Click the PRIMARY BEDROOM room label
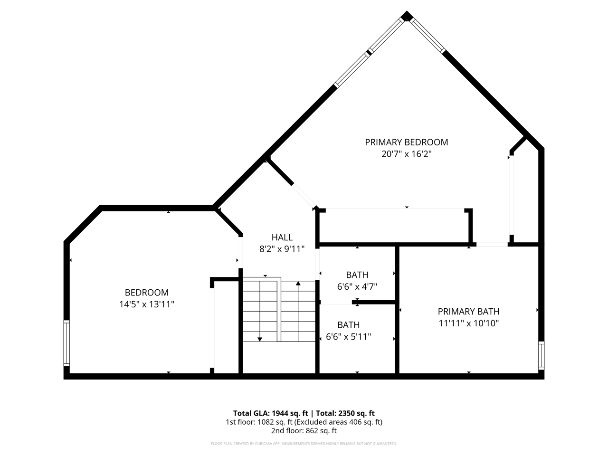point(406,142)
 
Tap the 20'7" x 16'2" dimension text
point(406,154)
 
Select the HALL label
point(282,237)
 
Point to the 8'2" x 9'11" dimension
point(282,248)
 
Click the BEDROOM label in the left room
point(146,293)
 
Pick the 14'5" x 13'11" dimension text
point(146,304)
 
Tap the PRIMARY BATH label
point(468,312)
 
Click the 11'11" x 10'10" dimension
point(468,323)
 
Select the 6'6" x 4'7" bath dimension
point(357,286)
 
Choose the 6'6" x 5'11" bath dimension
point(348,337)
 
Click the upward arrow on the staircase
point(298,284)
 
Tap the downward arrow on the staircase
point(260,338)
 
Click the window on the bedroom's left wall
point(66,343)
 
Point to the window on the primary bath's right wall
point(541,355)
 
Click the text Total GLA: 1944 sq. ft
point(270,413)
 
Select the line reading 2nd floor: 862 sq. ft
point(304,431)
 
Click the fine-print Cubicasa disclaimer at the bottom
point(304,444)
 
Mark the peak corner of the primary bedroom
point(406,16)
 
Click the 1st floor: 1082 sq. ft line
point(304,422)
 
